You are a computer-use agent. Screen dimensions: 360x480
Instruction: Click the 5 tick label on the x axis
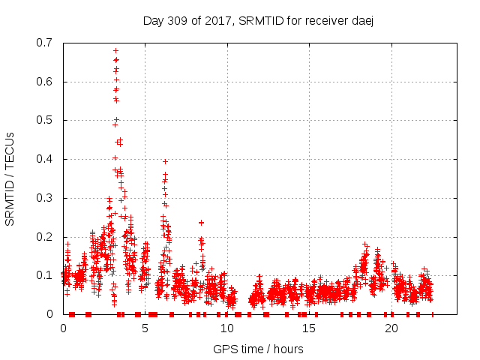coord(145,328)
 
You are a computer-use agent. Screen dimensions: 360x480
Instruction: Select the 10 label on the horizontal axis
coord(227,328)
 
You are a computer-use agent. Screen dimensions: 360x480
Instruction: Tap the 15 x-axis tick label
coord(309,328)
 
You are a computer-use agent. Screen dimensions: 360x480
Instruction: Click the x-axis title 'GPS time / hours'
coord(258,349)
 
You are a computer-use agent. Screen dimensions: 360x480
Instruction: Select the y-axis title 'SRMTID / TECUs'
coord(10,178)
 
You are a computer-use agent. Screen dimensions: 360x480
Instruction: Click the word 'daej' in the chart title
coord(361,20)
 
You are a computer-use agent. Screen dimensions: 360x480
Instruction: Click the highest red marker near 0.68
coord(115,50)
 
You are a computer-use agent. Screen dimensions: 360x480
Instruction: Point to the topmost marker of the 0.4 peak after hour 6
coord(165,161)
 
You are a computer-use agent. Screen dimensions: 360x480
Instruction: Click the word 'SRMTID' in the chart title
coord(256,20)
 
